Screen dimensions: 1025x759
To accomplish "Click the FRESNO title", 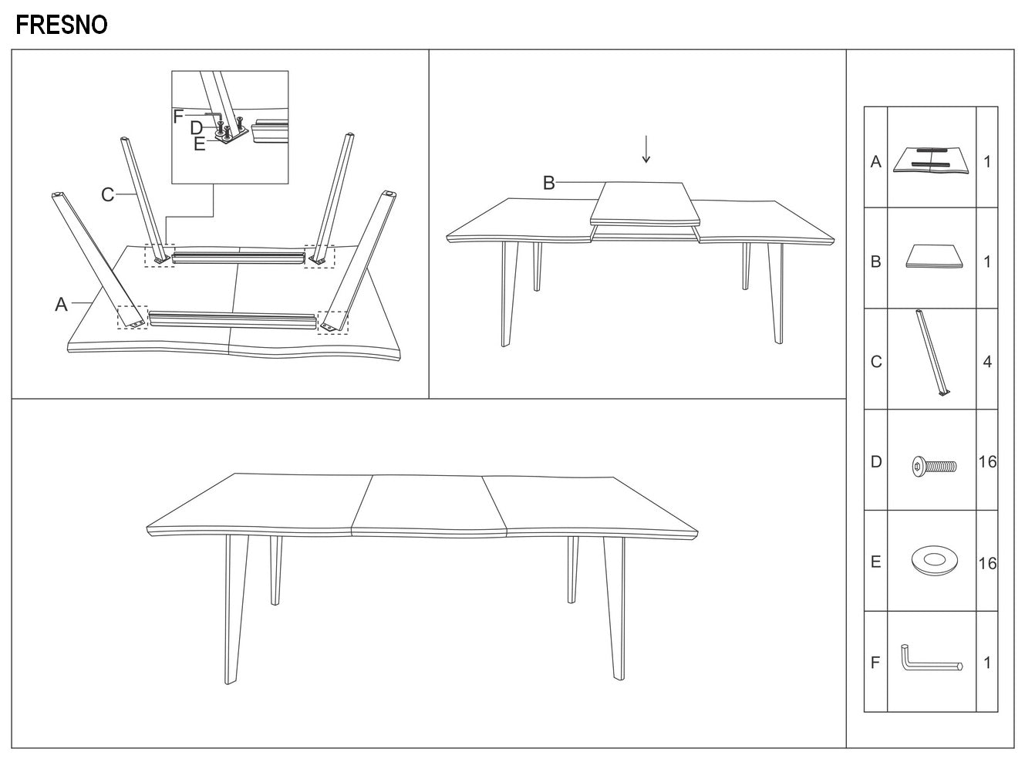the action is click(x=62, y=25).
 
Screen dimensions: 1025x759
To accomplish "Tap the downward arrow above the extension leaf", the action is click(x=646, y=149).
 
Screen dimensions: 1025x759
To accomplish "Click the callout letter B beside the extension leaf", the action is click(x=548, y=183).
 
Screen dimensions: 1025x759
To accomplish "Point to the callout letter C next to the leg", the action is click(x=107, y=194).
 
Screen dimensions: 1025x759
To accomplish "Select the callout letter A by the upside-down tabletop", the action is click(x=61, y=304).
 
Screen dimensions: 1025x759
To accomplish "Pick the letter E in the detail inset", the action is click(x=199, y=144).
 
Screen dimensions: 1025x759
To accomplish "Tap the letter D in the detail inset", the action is click(x=197, y=128).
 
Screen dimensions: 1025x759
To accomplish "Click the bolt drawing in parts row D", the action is click(x=934, y=465).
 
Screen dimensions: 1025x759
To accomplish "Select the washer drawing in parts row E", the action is click(x=935, y=560).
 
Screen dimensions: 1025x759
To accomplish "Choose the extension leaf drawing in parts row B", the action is click(x=934, y=256).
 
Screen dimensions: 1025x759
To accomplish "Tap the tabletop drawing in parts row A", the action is click(x=931, y=160).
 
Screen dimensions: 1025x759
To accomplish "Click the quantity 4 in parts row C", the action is click(x=987, y=362).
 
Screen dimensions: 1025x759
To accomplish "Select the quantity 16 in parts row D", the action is click(x=987, y=462).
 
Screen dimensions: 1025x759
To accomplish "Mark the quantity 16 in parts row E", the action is click(x=987, y=563).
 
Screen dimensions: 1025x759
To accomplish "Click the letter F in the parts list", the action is click(x=875, y=663).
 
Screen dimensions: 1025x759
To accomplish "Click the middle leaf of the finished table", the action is click(x=430, y=506).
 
